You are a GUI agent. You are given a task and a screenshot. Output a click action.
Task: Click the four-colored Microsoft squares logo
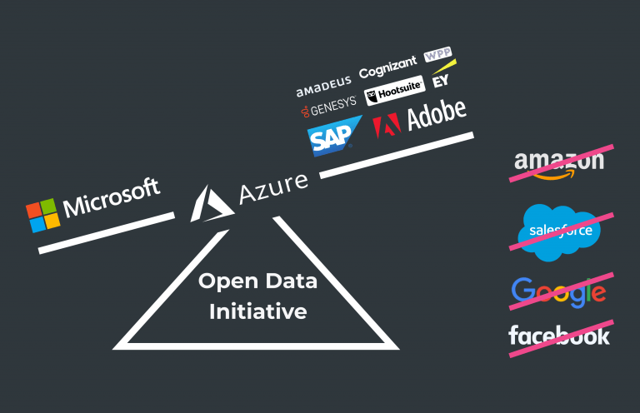[x=43, y=215]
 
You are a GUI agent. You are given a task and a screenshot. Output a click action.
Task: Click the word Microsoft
[x=112, y=197]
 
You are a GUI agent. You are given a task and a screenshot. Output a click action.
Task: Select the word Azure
[x=272, y=189]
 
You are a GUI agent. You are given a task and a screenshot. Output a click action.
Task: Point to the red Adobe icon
[x=387, y=125]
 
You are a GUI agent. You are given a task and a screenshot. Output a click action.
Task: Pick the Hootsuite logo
[x=394, y=94]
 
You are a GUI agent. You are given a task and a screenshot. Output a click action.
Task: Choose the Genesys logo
[x=328, y=105]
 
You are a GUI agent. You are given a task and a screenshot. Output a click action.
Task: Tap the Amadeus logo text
[x=324, y=84]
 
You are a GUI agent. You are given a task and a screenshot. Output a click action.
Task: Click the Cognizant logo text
[x=387, y=72]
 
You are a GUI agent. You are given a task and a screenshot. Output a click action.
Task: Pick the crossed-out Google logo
[x=558, y=290]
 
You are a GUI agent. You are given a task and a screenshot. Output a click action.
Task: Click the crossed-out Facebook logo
[x=559, y=335]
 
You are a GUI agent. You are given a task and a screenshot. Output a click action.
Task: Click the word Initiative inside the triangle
[x=257, y=312]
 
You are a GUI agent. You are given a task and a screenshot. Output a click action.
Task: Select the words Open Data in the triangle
[x=257, y=281]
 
